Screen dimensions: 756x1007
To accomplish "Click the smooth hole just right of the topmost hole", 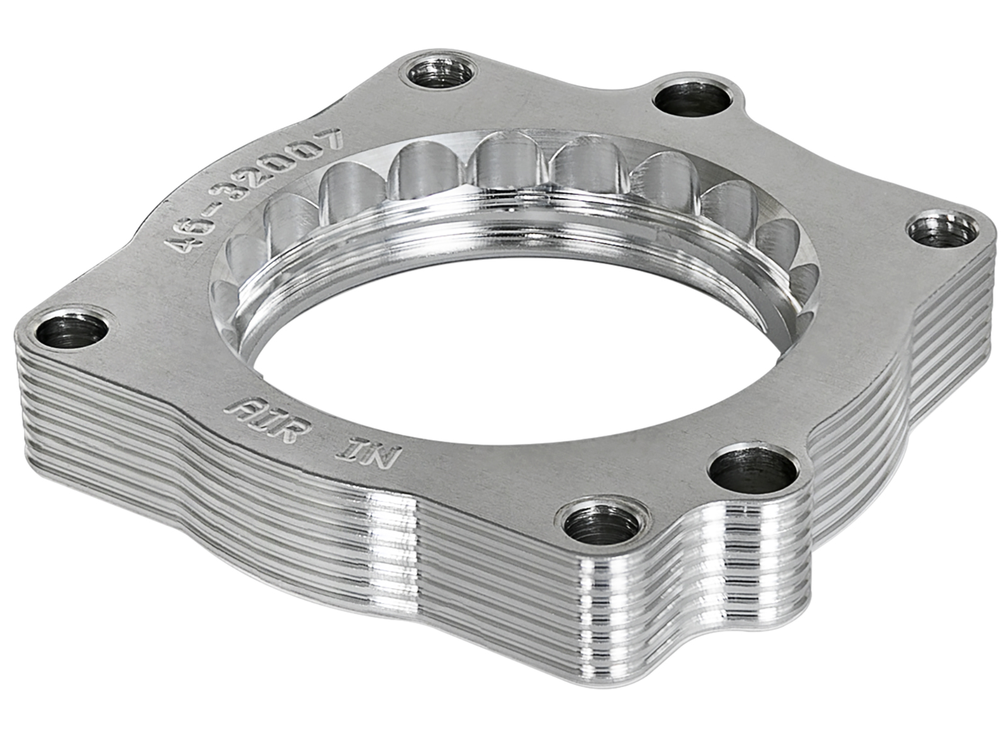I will pos(694,100).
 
